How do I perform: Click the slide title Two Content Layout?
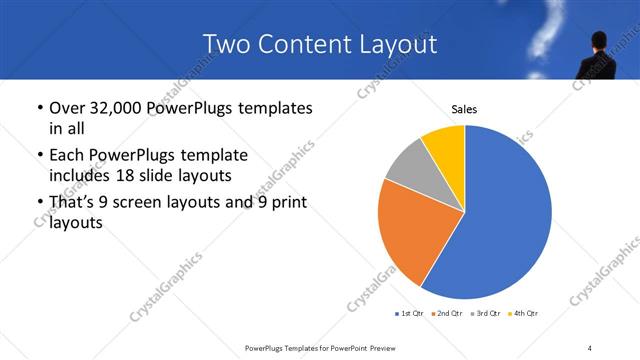320,45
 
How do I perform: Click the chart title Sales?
464,108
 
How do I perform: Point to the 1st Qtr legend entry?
411,314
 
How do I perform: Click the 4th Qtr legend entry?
524,314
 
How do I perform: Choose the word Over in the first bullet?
67,108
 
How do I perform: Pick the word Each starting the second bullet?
67,156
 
